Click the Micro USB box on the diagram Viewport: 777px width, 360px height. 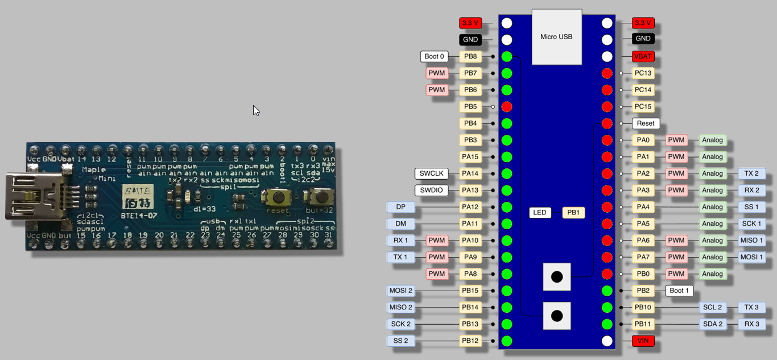pos(557,37)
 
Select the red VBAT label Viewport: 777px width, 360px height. pos(643,56)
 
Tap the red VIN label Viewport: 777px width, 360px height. pos(643,341)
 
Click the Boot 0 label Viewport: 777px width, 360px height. pos(435,56)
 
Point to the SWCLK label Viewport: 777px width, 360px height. pos(432,173)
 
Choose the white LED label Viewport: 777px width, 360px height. pos(540,213)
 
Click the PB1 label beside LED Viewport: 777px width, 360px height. pos(573,213)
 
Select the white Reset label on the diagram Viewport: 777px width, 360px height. pos(646,123)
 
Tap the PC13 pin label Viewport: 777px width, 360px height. pos(643,73)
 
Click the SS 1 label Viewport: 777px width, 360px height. pos(751,207)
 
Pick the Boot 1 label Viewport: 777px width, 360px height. pos(679,291)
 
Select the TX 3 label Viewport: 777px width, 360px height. pos(751,308)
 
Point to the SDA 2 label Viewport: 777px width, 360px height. pos(712,324)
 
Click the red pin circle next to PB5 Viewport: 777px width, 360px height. pos(507,106)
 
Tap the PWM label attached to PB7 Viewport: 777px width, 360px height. pos(437,73)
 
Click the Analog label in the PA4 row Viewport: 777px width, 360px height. pos(712,207)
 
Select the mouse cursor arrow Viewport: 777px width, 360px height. pos(256,110)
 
